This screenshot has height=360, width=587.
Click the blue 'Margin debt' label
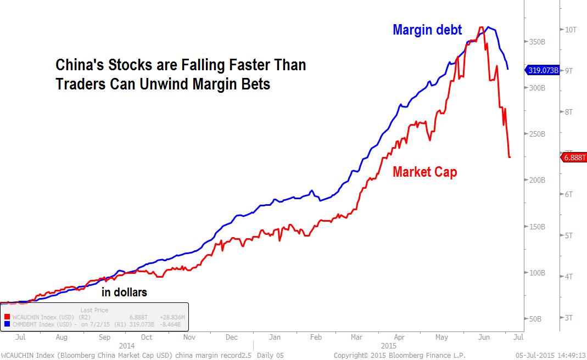pyautogui.click(x=427, y=30)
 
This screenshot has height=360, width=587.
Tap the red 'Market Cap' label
pyautogui.click(x=424, y=172)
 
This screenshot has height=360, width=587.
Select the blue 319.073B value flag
pyautogui.click(x=543, y=70)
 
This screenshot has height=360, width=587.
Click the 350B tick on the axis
pyautogui.click(x=536, y=42)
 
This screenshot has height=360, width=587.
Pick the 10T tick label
pyautogui.click(x=571, y=30)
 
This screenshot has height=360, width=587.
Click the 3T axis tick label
pyautogui.click(x=569, y=318)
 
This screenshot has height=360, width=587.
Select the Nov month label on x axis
pyautogui.click(x=189, y=337)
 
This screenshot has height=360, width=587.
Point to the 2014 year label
pyautogui.click(x=126, y=346)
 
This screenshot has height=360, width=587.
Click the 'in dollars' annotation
pyautogui.click(x=124, y=292)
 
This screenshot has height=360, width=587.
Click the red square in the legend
pyautogui.click(x=7, y=317)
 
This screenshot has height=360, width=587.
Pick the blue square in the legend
pyautogui.click(x=7, y=324)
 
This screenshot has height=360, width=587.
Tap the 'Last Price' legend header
pyautogui.click(x=94, y=310)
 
